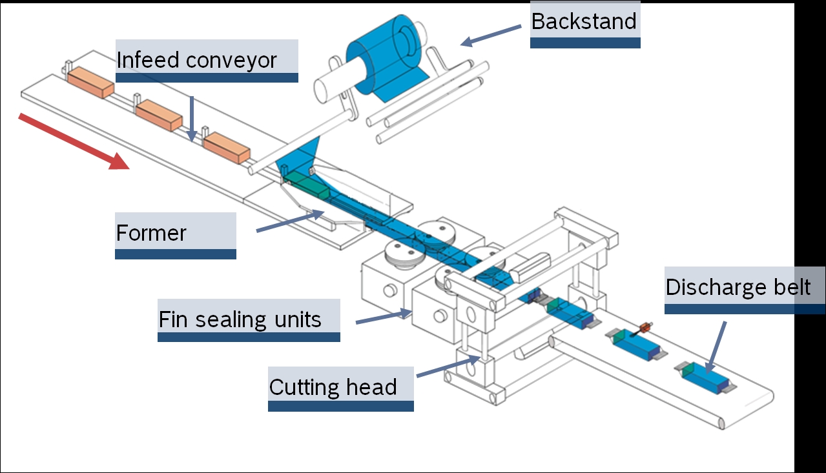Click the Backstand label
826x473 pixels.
click(x=584, y=21)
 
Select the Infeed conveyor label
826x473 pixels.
click(x=196, y=60)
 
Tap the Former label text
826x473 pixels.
click(x=151, y=232)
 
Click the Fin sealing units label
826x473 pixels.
click(x=240, y=319)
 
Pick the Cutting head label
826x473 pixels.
click(x=333, y=387)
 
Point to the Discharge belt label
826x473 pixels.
click(x=738, y=287)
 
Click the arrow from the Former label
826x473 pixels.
click(x=290, y=220)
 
